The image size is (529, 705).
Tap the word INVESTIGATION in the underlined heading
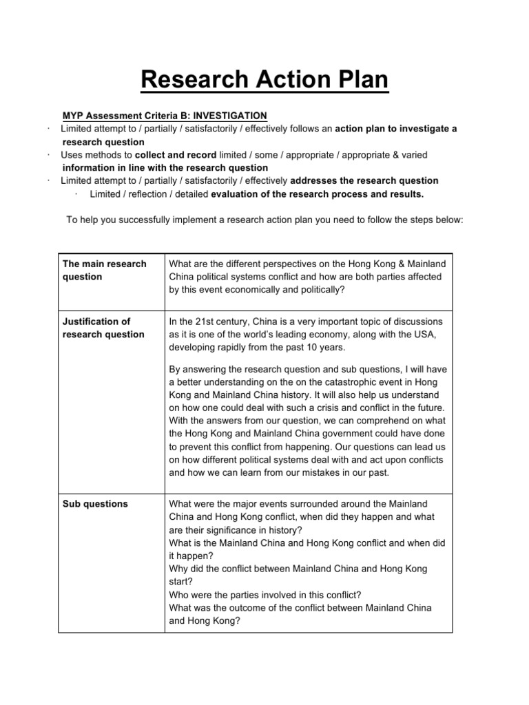(223, 115)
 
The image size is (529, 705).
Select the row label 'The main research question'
(104, 271)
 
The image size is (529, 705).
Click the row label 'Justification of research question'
(103, 328)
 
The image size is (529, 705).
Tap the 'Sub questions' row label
(95, 504)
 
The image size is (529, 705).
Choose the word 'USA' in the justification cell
(424, 334)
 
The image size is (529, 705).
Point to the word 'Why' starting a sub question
(178, 569)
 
